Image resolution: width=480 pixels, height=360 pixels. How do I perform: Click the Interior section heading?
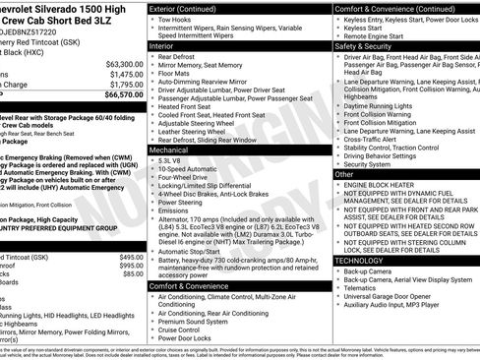point(165,45)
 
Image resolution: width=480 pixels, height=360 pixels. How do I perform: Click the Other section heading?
point(344,173)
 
